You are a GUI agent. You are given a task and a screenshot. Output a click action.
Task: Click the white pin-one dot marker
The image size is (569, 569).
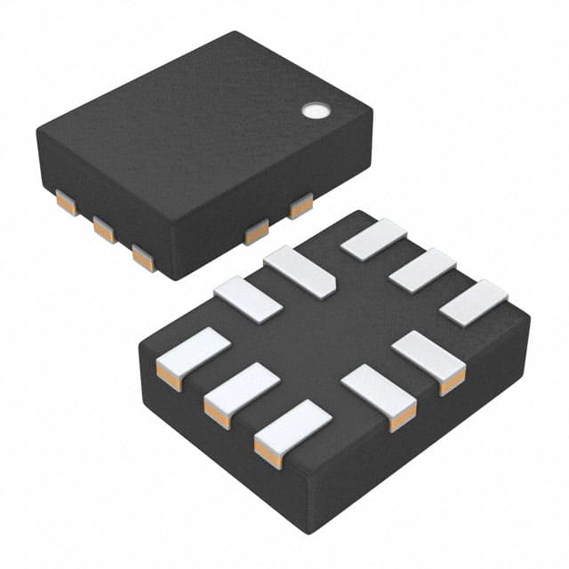click(x=316, y=111)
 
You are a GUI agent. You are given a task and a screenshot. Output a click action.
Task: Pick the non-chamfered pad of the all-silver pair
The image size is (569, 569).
click(x=247, y=299)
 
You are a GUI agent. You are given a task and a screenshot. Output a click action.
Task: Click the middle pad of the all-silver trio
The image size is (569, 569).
click(x=422, y=271)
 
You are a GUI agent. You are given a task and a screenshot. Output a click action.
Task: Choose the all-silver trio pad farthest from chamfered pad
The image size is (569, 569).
click(x=473, y=302)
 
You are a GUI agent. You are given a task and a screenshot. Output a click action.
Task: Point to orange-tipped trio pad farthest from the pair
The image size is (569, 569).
click(x=192, y=352)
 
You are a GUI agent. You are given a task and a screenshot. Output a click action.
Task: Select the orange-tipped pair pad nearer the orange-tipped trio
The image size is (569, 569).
click(x=379, y=390)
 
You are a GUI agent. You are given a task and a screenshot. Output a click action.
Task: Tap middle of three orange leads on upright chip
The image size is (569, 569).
click(x=105, y=231)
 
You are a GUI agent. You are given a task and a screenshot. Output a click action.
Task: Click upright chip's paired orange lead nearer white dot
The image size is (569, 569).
click(x=301, y=206)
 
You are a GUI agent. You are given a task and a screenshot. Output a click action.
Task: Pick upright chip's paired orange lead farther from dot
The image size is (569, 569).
click(x=257, y=233)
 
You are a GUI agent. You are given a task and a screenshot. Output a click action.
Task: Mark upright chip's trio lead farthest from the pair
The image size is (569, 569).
click(x=66, y=204)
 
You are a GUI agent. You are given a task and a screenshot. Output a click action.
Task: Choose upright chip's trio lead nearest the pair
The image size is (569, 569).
click(x=142, y=258)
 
